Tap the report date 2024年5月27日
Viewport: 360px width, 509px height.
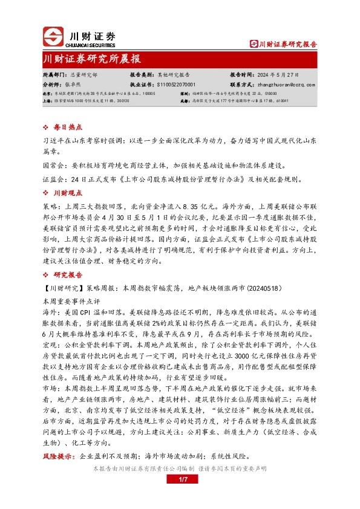click(x=274, y=74)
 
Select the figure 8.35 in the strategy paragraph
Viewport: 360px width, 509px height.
click(x=201, y=206)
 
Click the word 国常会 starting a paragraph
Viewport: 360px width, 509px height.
click(x=53, y=165)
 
